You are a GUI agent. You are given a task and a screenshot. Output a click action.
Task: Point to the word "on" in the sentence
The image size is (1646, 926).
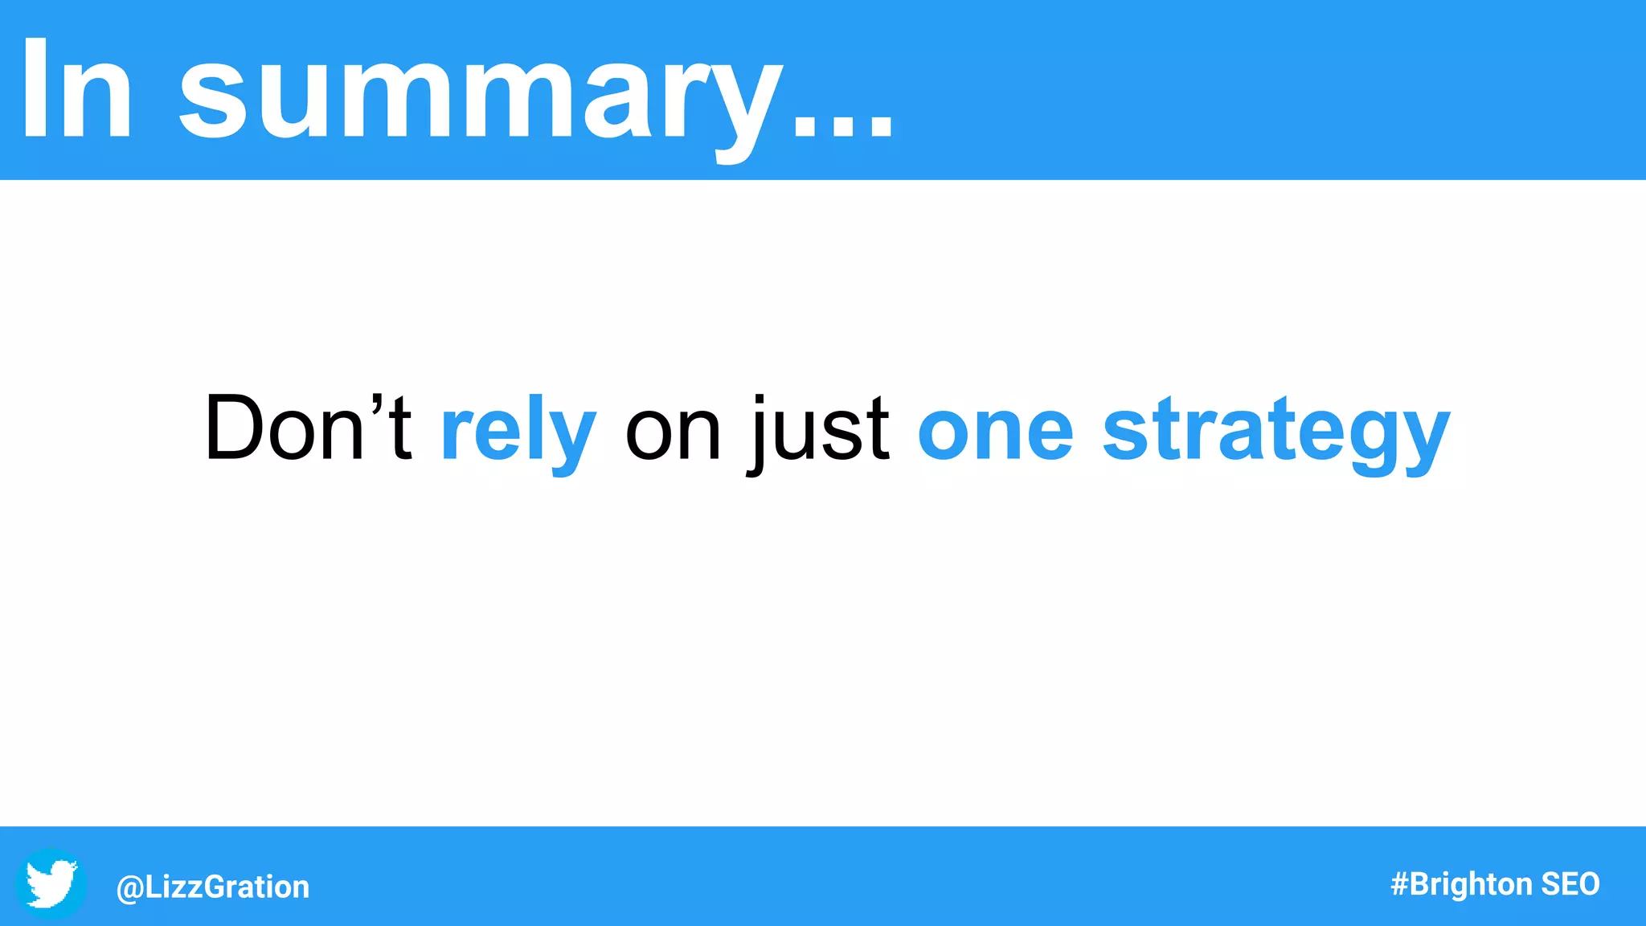click(x=673, y=434)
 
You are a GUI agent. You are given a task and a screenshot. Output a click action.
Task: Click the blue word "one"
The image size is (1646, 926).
click(x=995, y=434)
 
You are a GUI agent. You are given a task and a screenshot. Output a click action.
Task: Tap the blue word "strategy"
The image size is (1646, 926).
click(x=1276, y=434)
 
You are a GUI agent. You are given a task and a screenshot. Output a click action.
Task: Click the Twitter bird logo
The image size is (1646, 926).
click(x=51, y=883)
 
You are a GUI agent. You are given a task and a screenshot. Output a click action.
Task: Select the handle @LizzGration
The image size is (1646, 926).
click(x=213, y=887)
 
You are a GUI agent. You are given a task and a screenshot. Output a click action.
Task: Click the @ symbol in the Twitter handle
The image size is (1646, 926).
click(x=130, y=887)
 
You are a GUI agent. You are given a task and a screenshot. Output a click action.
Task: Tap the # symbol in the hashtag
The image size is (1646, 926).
click(x=1399, y=884)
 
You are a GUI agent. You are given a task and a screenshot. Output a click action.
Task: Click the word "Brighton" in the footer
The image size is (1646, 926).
click(x=1471, y=884)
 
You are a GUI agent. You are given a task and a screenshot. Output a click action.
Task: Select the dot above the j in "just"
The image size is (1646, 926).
click(x=760, y=399)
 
